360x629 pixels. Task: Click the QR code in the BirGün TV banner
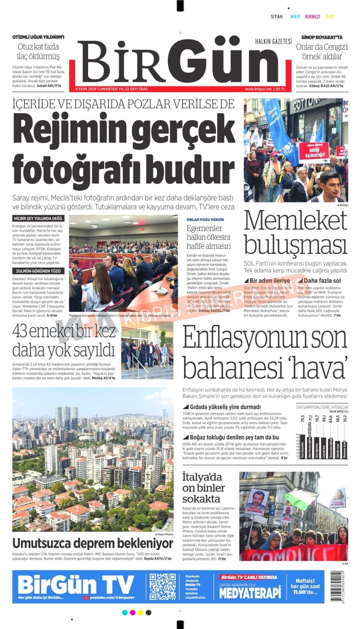pyautogui.click(x=162, y=586)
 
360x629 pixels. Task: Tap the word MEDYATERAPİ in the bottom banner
pyautogui.click(x=250, y=593)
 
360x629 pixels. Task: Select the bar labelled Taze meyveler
pyautogui.click(x=303, y=446)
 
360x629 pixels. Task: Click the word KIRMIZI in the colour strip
pyautogui.click(x=312, y=17)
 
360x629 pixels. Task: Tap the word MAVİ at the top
pyautogui.click(x=295, y=17)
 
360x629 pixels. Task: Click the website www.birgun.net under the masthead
pyautogui.click(x=258, y=89)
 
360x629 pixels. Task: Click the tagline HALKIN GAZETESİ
pyautogui.click(x=273, y=41)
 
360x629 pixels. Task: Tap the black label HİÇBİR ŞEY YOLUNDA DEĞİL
pyautogui.click(x=38, y=219)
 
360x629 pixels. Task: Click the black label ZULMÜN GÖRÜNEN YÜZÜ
pyautogui.click(x=38, y=271)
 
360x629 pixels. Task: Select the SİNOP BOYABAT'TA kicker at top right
pyautogui.click(x=322, y=37)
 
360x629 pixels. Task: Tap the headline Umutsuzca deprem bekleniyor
pyautogui.click(x=92, y=543)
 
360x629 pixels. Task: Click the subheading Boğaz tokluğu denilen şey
pyautogui.click(x=234, y=437)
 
